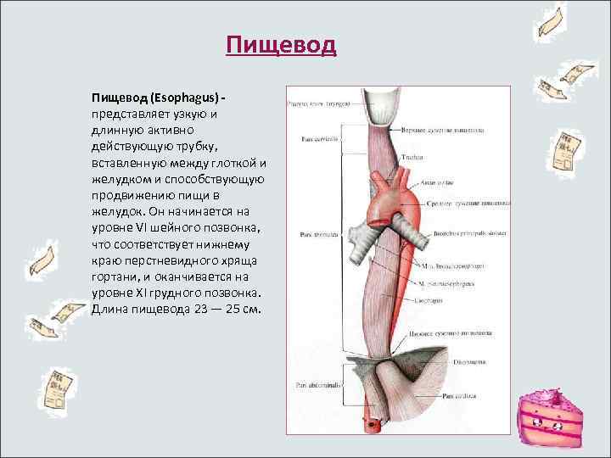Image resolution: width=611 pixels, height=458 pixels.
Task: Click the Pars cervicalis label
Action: pyautogui.click(x=314, y=138)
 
